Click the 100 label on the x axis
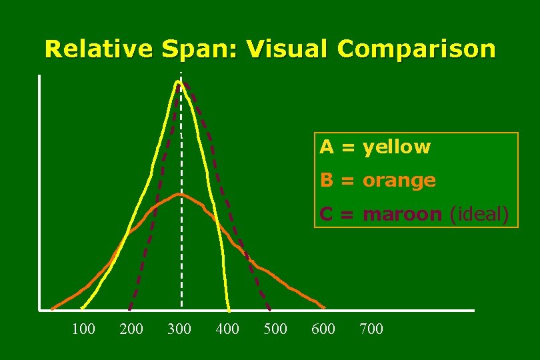(x=83, y=328)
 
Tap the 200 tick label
(x=131, y=328)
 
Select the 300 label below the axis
(x=179, y=328)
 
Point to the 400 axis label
(x=227, y=328)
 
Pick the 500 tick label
(x=275, y=328)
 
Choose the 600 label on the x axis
(x=323, y=328)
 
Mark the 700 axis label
(x=371, y=328)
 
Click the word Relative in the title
(x=97, y=49)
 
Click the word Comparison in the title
(x=417, y=49)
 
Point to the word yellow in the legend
(x=397, y=147)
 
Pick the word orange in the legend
(x=399, y=180)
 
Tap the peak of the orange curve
(x=179, y=194)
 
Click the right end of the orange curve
(x=325, y=308)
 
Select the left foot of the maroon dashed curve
(x=129, y=310)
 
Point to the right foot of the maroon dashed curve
(x=269, y=310)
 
